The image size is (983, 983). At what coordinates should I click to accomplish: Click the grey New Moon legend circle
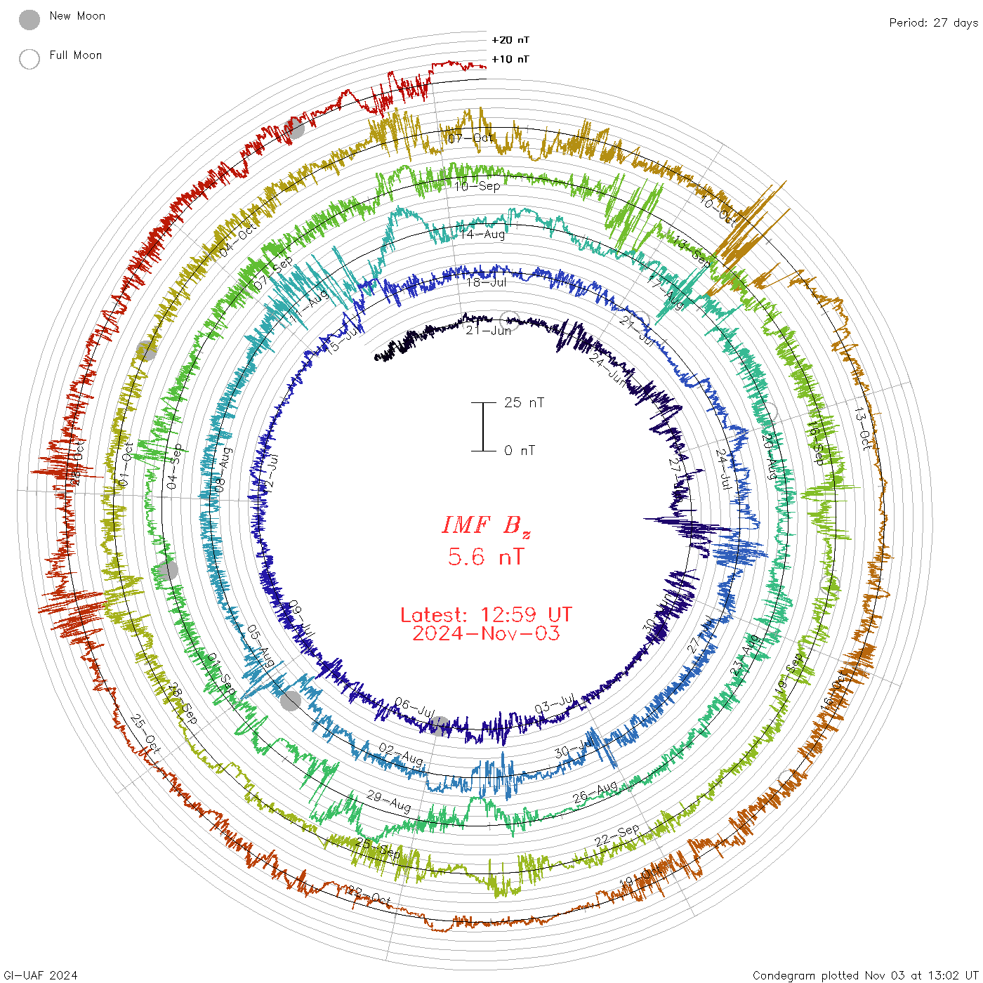tap(29, 20)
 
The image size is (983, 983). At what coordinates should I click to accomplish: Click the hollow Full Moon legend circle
tap(29, 59)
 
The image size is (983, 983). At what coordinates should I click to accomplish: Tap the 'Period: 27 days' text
tap(933, 22)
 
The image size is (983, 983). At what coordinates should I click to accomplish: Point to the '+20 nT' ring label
tap(510, 40)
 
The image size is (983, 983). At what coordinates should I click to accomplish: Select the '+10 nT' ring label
tap(510, 59)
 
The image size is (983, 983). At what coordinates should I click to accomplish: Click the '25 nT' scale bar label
tap(524, 402)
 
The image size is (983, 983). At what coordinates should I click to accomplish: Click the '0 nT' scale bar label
tap(520, 450)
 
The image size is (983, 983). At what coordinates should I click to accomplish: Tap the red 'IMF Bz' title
tap(486, 525)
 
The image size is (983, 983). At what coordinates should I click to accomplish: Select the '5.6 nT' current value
tap(486, 558)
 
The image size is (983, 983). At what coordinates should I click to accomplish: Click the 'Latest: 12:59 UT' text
tap(486, 615)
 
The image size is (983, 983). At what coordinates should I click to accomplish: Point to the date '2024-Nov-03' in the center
tap(486, 633)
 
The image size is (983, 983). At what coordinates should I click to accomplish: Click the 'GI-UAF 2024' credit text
tap(39, 975)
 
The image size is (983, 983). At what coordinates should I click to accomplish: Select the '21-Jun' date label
tap(488, 330)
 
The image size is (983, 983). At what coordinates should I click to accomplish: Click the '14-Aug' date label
tap(482, 234)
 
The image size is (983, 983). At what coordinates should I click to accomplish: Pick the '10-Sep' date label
tap(477, 186)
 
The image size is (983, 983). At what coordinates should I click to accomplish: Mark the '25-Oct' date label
tap(146, 734)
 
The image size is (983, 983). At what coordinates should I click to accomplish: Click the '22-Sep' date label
tap(617, 836)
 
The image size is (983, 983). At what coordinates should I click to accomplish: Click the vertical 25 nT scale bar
tap(483, 426)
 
